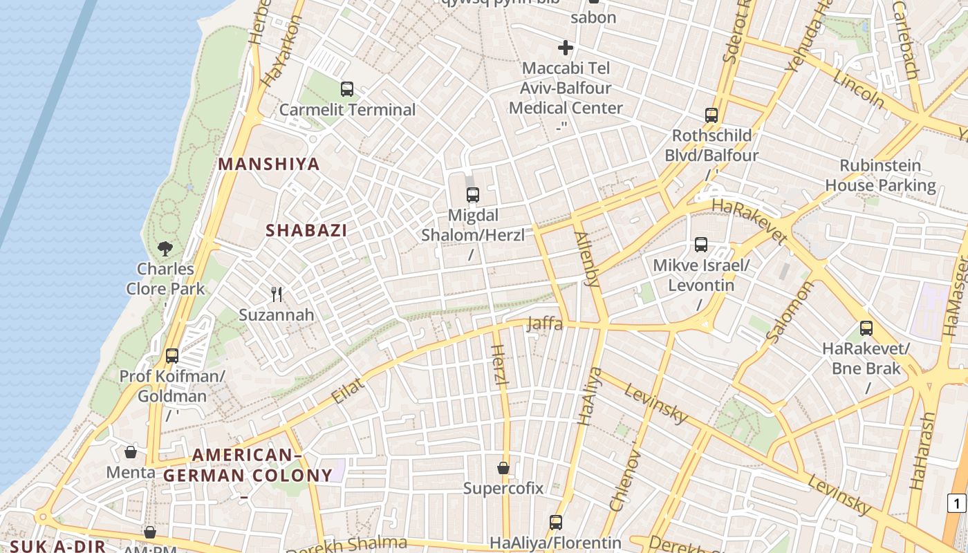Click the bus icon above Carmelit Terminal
[x=347, y=89]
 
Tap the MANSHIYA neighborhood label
[x=269, y=165]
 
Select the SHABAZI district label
[x=306, y=231]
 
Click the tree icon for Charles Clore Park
[x=165, y=249]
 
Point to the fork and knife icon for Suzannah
[x=277, y=294]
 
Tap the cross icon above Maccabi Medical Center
[x=566, y=48]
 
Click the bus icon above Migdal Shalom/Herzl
[x=473, y=195]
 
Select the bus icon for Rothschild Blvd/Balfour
[x=711, y=115]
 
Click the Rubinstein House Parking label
[x=880, y=176]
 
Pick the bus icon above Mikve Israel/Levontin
[x=701, y=245]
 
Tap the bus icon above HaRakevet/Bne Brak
[x=866, y=328]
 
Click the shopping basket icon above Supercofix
[x=503, y=468]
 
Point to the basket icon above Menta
[x=131, y=453]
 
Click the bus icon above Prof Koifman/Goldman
[x=172, y=356]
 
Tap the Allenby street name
[x=587, y=259]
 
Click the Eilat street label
[x=348, y=391]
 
